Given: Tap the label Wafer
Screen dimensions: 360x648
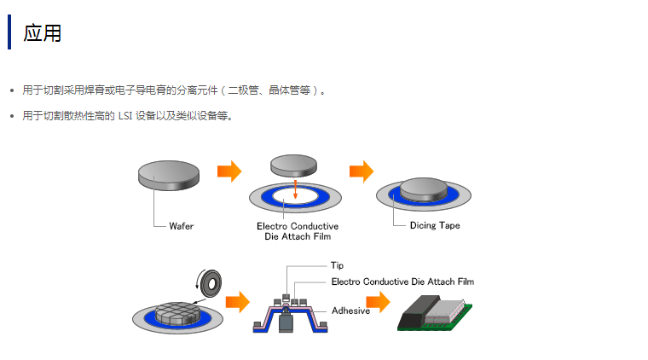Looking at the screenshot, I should click(181, 225).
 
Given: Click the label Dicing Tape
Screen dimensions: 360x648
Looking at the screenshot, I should click(435, 225).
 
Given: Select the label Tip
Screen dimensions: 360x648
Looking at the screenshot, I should click(337, 265).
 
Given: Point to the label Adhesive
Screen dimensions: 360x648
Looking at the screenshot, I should click(350, 311).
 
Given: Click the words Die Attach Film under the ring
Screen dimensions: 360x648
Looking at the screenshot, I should click(298, 236).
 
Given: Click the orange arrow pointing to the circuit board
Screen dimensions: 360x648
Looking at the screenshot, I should click(378, 302).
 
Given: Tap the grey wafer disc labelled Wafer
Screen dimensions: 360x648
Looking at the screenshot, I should click(168, 174).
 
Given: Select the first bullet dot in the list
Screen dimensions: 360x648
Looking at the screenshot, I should click(11, 90).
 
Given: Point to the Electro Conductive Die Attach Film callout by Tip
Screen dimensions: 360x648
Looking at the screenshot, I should click(402, 281).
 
